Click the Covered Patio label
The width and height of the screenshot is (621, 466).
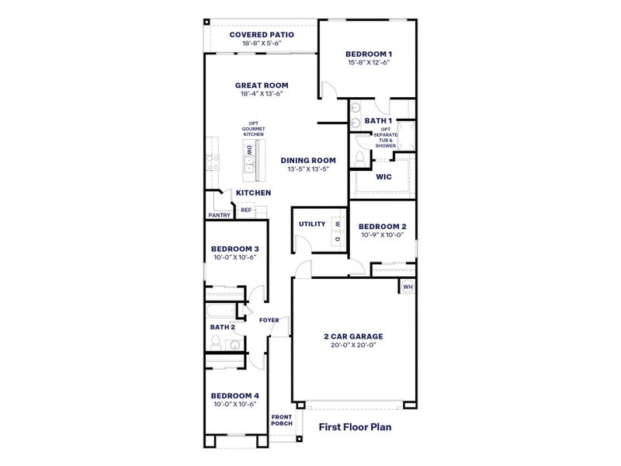pyautogui.click(x=261, y=35)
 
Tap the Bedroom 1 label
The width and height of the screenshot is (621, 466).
pyautogui.click(x=367, y=54)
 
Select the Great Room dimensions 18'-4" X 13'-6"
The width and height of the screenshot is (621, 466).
pyautogui.click(x=261, y=93)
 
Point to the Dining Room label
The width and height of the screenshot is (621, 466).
pyautogui.click(x=307, y=160)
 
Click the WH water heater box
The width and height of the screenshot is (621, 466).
pyautogui.click(x=408, y=287)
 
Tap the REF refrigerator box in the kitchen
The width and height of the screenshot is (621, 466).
pyautogui.click(x=245, y=210)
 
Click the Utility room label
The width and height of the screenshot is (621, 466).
pyautogui.click(x=311, y=224)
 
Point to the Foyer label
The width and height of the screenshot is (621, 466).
pyautogui.click(x=269, y=320)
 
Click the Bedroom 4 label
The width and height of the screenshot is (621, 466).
pyautogui.click(x=234, y=395)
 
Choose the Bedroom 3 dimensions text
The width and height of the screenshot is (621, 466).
pyautogui.click(x=234, y=258)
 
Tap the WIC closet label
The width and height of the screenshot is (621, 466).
pyautogui.click(x=383, y=176)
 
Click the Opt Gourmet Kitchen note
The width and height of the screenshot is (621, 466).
pyautogui.click(x=254, y=129)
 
